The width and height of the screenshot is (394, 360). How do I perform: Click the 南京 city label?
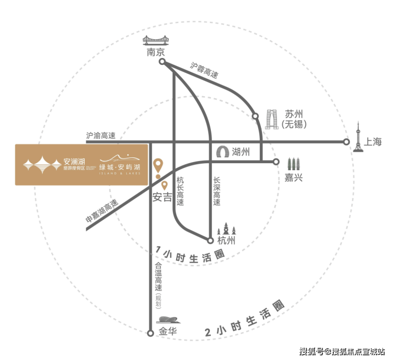point(156,53)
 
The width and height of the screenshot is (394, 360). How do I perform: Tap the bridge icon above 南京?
point(155,41)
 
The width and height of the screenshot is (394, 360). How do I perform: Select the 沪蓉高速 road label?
point(204,70)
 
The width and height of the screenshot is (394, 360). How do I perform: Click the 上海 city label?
point(374,142)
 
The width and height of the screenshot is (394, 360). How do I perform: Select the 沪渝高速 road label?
point(101,136)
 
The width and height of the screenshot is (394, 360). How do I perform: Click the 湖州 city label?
point(242,152)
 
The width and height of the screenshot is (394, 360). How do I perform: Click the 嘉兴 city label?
point(293,178)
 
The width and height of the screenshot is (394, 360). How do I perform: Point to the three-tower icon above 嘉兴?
point(293,164)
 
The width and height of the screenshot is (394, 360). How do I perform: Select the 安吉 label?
point(163,197)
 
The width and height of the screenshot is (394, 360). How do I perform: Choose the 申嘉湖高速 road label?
point(102,212)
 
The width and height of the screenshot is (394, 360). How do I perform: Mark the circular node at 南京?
point(162,62)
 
